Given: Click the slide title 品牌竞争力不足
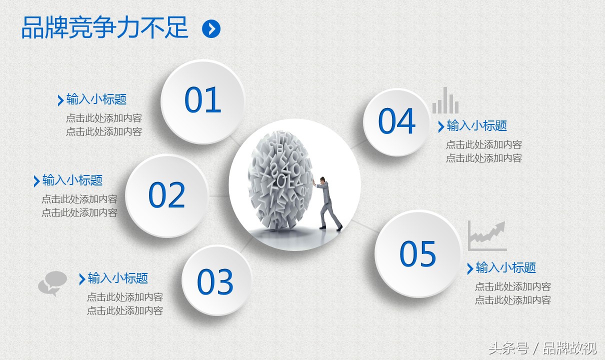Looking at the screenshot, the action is [x=104, y=27].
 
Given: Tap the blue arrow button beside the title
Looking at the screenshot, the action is [x=211, y=28].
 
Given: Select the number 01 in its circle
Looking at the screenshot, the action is [x=203, y=99].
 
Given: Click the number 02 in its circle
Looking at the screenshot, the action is [x=166, y=194].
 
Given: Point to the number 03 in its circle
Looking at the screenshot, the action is [x=215, y=281].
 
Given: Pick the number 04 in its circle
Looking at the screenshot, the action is [x=397, y=120].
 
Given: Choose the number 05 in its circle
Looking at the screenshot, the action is [x=417, y=253].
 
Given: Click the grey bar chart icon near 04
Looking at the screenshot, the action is [x=445, y=100].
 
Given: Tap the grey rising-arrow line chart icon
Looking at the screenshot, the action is [x=487, y=236].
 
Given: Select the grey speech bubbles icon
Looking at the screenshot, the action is [x=52, y=283].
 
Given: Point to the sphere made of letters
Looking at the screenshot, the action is [x=280, y=180].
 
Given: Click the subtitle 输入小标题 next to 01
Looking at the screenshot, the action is [x=96, y=99].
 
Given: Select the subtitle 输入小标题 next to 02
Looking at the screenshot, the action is [x=72, y=180].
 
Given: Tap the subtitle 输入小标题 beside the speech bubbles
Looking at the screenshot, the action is [x=118, y=278].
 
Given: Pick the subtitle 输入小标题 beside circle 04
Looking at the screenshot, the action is [x=476, y=126].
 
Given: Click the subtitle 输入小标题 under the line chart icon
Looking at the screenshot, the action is [x=505, y=267].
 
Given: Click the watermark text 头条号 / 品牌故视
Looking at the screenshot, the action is [x=542, y=348].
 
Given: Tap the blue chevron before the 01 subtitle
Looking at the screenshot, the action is [x=60, y=100].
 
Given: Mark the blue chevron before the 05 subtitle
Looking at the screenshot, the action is [x=470, y=268].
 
